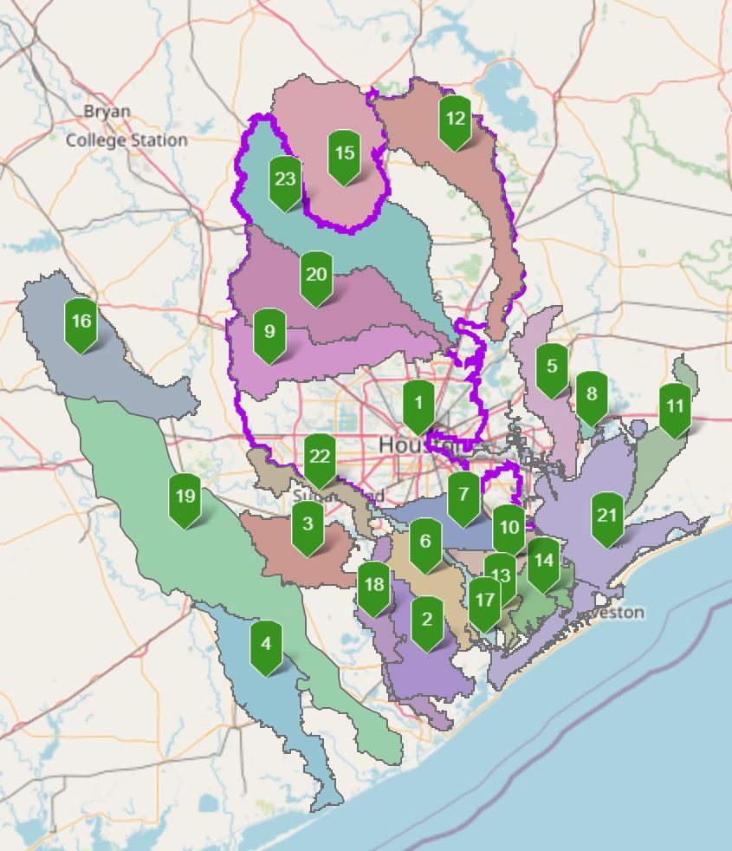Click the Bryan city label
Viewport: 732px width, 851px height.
(107, 112)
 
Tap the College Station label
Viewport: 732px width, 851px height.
(126, 140)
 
